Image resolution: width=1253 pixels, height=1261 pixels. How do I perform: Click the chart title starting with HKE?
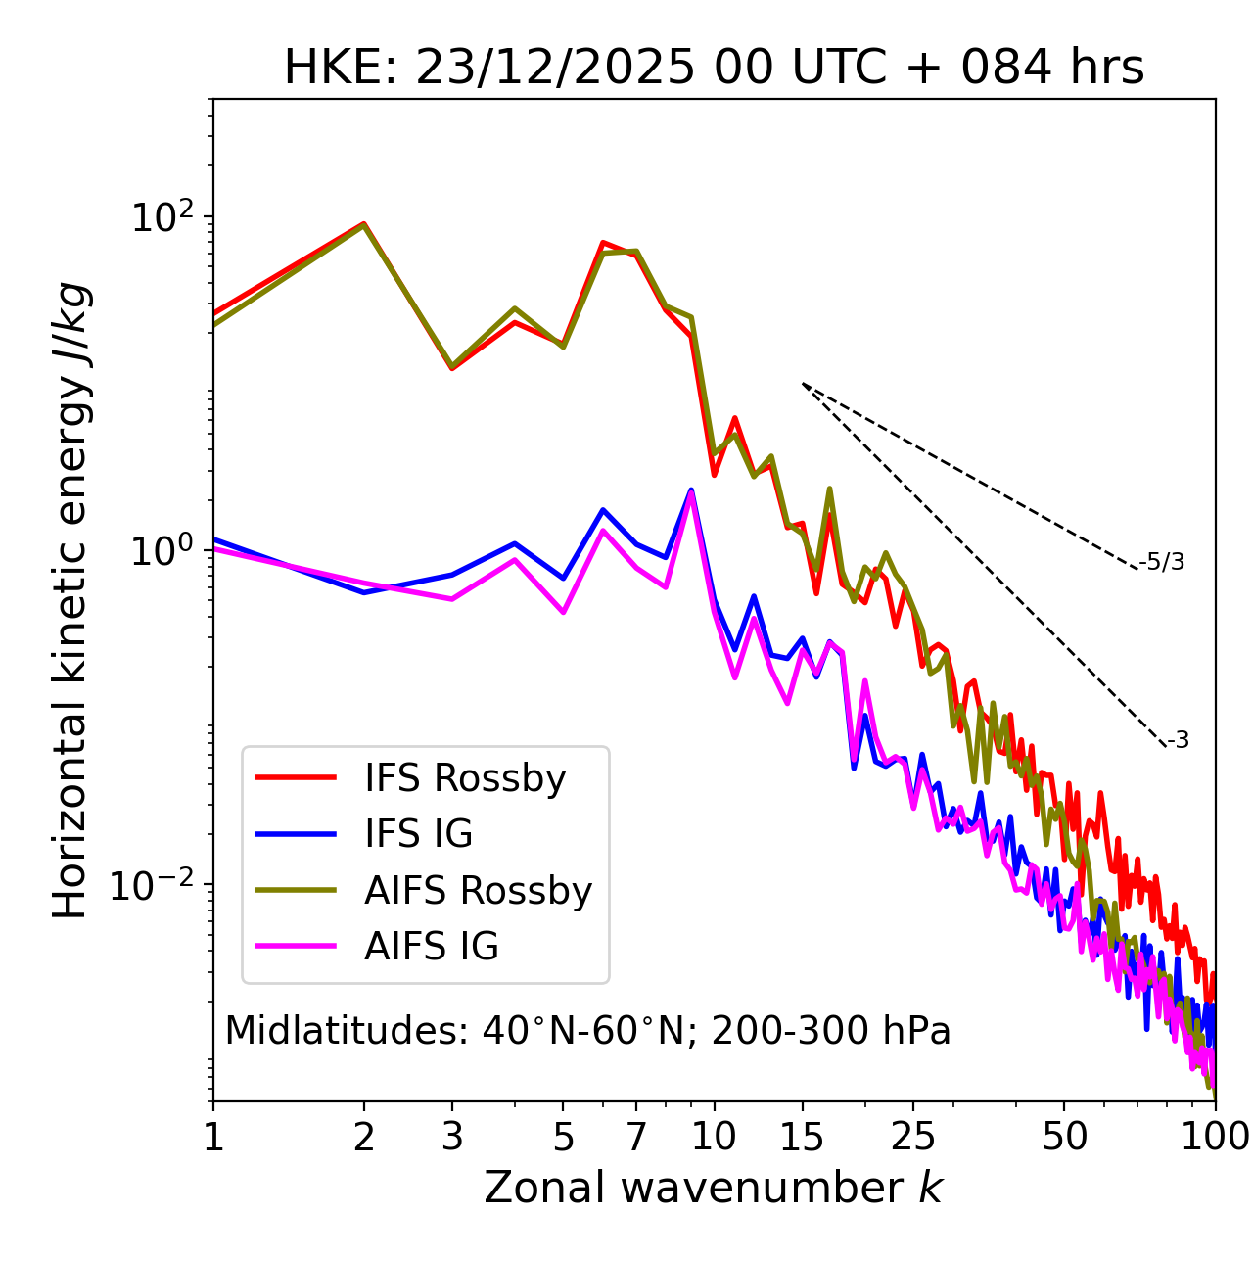click(714, 69)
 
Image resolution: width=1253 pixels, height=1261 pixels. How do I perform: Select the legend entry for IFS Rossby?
click(465, 778)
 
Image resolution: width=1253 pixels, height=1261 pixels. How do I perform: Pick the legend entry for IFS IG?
click(418, 834)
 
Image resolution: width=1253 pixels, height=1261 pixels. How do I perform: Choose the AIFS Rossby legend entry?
click(478, 891)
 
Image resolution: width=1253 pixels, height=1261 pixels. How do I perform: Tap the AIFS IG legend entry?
click(432, 947)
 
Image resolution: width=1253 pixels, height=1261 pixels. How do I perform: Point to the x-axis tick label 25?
click(912, 1137)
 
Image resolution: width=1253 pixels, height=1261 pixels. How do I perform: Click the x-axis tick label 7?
click(636, 1137)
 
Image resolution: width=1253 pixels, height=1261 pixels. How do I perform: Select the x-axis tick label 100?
click(1215, 1137)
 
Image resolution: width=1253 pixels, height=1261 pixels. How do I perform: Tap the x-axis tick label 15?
click(802, 1137)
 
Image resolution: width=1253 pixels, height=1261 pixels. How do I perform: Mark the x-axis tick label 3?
click(452, 1137)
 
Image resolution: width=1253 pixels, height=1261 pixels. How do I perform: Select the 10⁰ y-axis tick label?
click(162, 550)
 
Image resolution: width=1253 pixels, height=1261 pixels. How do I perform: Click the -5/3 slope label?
click(1162, 562)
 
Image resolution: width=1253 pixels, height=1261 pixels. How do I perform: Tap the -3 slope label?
click(1178, 740)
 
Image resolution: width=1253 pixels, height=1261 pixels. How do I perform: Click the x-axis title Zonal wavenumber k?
click(714, 1188)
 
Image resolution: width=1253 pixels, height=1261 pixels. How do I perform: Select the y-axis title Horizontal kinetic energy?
click(71, 600)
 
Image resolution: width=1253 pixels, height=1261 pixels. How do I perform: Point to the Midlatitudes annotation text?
click(587, 1031)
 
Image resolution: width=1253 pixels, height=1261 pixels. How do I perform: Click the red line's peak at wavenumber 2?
click(364, 223)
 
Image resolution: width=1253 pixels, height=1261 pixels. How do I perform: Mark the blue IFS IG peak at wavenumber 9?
click(691, 490)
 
